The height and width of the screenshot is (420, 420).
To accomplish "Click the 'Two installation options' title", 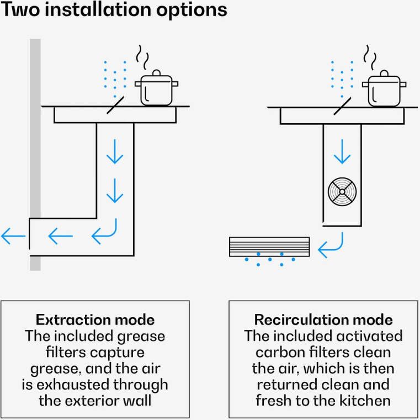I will pos(114,11).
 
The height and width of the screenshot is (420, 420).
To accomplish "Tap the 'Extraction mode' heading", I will pos(95,319).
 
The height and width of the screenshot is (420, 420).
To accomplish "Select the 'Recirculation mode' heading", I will pos(323,319).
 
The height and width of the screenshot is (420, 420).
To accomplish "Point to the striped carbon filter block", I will pos(270,246).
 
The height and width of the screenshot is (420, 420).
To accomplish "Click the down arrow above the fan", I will pos(342,151).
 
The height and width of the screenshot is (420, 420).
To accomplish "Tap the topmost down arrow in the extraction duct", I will pos(115,151).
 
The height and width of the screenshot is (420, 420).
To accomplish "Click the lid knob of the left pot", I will pos(156,72).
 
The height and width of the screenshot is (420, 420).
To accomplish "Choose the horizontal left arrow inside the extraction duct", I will pos(61,237).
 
